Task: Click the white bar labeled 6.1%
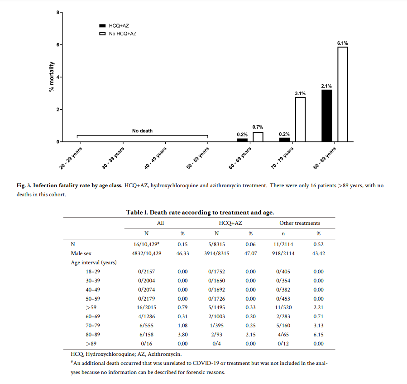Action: pos(343,94)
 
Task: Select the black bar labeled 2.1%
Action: pos(327,116)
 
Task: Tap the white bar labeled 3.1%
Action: pos(301,119)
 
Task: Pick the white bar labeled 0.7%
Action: pos(258,136)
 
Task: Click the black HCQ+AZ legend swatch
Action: pos(102,26)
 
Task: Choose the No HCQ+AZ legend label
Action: pos(123,34)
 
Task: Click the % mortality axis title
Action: pos(52,77)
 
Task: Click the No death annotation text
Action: pos(142,131)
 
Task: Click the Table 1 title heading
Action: pos(200,212)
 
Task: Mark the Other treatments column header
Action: pos(299,223)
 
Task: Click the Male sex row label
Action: pos(81,253)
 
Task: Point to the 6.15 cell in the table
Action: pos(318,335)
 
